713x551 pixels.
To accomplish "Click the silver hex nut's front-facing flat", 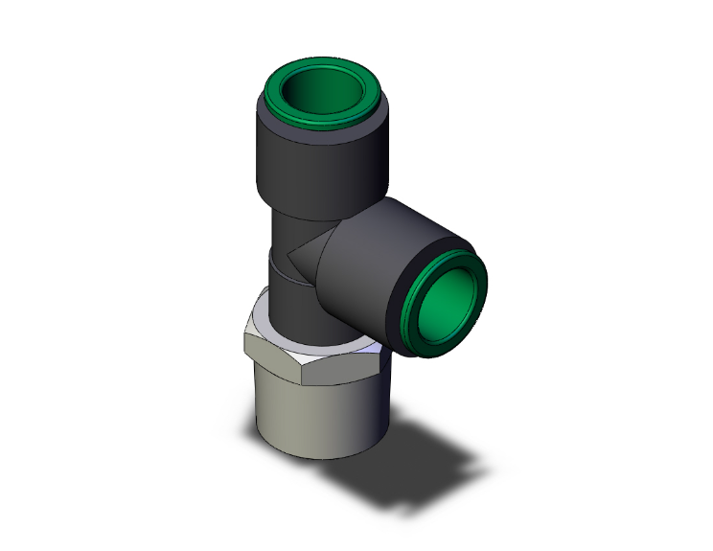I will coord(331,379).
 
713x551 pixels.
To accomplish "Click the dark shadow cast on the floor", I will coord(422,460).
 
